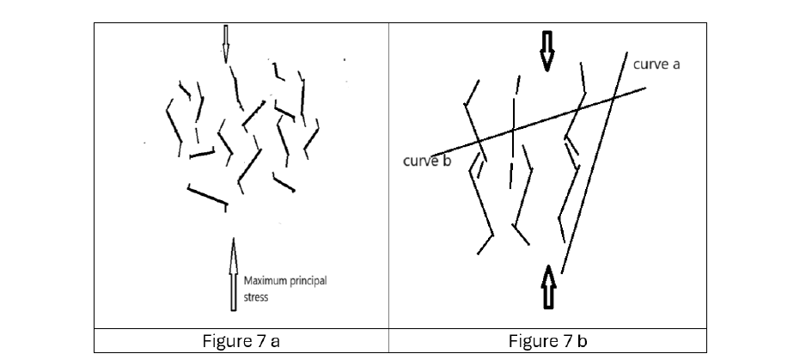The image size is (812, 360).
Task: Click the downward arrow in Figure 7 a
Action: point(226,43)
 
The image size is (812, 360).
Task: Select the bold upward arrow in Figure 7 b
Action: point(547,289)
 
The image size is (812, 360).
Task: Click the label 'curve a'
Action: point(656,64)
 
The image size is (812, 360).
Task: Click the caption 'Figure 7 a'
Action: point(241,341)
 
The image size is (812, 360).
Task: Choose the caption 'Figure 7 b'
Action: point(547,341)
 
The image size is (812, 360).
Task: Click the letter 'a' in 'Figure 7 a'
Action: point(274,341)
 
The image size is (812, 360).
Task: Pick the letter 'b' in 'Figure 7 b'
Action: point(582,341)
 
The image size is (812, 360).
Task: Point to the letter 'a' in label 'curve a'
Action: point(676,64)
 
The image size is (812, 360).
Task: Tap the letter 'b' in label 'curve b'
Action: point(447,162)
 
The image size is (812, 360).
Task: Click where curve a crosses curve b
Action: point(614,97)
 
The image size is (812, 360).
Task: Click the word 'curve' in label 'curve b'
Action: point(421,162)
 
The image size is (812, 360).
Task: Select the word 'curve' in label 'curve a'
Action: point(650,64)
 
